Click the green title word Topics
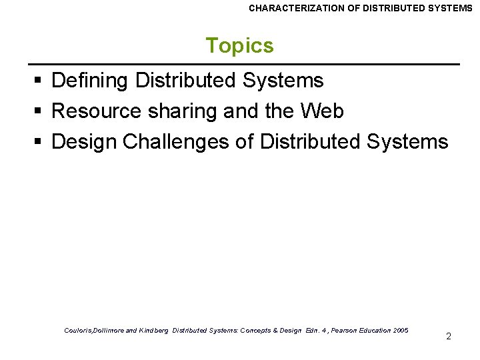[239, 45]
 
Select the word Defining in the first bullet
[90, 81]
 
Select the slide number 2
[448, 336]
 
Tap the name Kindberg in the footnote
[154, 330]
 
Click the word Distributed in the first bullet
[186, 81]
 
